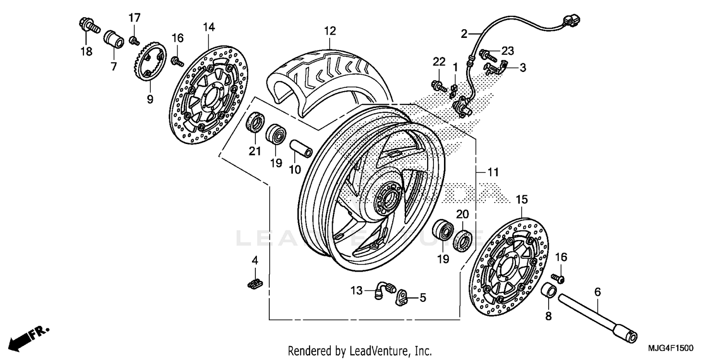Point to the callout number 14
tap(208, 27)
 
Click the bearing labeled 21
tap(254, 123)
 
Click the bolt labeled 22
tap(439, 86)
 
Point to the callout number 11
tap(493, 172)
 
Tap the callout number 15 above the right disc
tap(522, 199)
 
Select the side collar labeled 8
tap(549, 291)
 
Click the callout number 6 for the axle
tap(597, 291)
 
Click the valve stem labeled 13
tap(384, 290)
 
